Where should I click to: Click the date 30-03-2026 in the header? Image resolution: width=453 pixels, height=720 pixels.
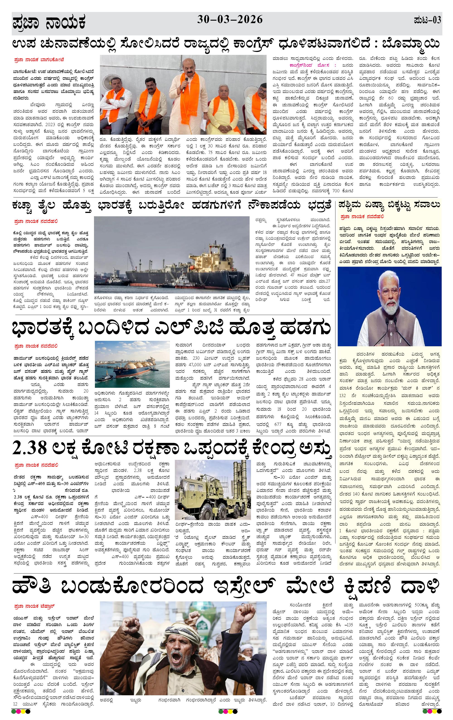[x=230, y=20]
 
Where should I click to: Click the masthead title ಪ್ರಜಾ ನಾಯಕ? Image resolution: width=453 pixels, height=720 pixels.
[x=49, y=23]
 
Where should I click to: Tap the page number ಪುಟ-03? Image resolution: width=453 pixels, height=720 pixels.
[x=427, y=20]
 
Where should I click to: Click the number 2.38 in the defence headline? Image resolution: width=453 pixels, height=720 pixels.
[x=30, y=448]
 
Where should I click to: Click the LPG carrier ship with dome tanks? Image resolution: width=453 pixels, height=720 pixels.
[x=131, y=369]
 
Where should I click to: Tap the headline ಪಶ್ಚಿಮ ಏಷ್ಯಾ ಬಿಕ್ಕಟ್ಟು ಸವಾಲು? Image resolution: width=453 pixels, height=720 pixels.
[x=389, y=205]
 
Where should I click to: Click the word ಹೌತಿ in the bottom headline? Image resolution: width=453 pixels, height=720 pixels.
[x=32, y=587]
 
